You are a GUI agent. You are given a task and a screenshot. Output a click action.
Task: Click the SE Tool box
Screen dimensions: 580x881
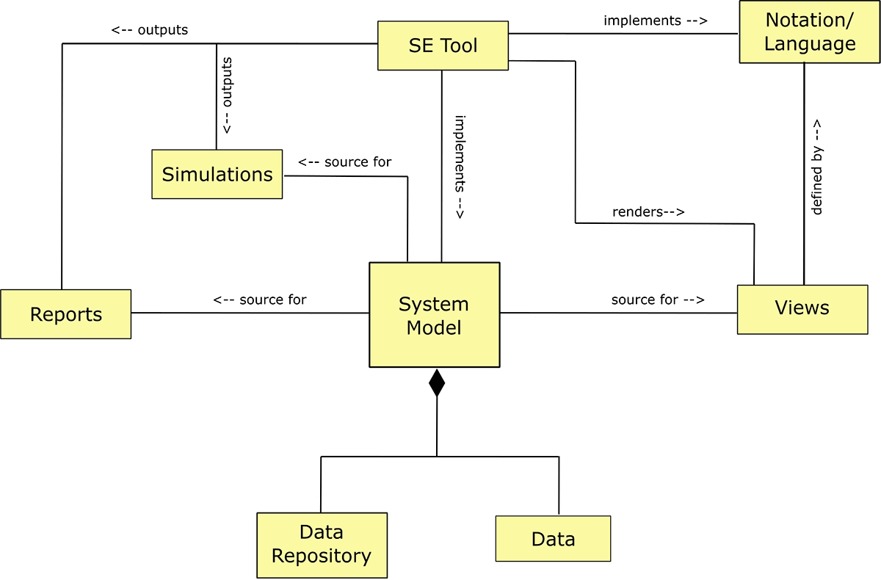443,46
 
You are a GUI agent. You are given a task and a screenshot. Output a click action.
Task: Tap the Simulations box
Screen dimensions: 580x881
217,174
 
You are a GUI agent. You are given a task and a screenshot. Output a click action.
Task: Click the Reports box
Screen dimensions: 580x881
65,314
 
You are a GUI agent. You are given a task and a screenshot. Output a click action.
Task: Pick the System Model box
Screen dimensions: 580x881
434,315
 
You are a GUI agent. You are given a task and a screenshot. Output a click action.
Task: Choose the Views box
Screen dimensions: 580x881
802,308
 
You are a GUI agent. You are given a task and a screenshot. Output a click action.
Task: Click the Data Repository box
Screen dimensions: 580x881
322,545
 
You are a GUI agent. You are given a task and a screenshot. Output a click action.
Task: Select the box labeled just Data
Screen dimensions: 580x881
553,539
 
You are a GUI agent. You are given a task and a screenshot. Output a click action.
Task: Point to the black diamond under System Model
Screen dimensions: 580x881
437,383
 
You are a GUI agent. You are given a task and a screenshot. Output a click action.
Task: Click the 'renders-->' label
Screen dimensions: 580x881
648,213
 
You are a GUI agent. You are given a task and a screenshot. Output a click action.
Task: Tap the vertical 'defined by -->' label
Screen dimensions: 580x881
816,168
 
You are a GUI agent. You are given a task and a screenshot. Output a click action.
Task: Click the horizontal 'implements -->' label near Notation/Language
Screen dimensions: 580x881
655,21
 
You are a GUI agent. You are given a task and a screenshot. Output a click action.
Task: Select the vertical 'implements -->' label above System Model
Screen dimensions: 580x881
460,167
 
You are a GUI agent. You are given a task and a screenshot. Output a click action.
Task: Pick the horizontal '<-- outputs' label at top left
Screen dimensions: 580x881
150,30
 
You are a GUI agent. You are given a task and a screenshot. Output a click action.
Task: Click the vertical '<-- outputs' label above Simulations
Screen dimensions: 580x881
228,94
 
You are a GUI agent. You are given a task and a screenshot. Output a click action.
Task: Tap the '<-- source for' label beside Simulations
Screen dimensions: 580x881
344,162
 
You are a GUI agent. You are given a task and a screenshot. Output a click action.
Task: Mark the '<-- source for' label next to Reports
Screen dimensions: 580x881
260,300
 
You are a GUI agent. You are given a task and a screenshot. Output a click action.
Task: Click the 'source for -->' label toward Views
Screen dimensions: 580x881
658,300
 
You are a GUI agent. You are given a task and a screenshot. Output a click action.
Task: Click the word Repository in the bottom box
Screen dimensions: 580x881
322,556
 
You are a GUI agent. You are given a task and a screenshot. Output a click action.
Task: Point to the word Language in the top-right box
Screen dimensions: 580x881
809,43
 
